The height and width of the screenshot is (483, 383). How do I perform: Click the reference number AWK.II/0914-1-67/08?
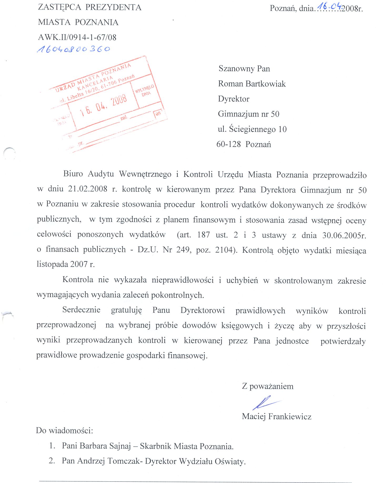[x=77, y=37]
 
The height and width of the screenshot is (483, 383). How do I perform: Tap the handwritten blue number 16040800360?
[x=74, y=49]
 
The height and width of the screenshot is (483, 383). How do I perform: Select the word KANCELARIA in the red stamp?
[x=95, y=82]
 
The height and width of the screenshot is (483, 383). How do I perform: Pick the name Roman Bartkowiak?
[x=252, y=84]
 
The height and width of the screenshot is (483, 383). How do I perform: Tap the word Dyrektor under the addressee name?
[x=234, y=99]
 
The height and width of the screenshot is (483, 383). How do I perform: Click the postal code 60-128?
[x=229, y=144]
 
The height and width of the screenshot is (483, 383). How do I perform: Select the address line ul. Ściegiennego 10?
[x=252, y=129]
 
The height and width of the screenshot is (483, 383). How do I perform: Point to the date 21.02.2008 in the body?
[x=88, y=189]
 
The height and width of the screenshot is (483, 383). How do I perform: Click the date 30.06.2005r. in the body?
[x=344, y=235]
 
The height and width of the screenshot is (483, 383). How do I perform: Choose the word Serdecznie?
[x=81, y=310]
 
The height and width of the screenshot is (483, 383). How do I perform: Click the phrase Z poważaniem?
[x=268, y=386]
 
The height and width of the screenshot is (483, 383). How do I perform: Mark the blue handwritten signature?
[x=264, y=402]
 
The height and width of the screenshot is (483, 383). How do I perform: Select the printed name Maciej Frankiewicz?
[x=276, y=417]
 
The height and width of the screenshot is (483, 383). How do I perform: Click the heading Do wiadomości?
[x=64, y=431]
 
